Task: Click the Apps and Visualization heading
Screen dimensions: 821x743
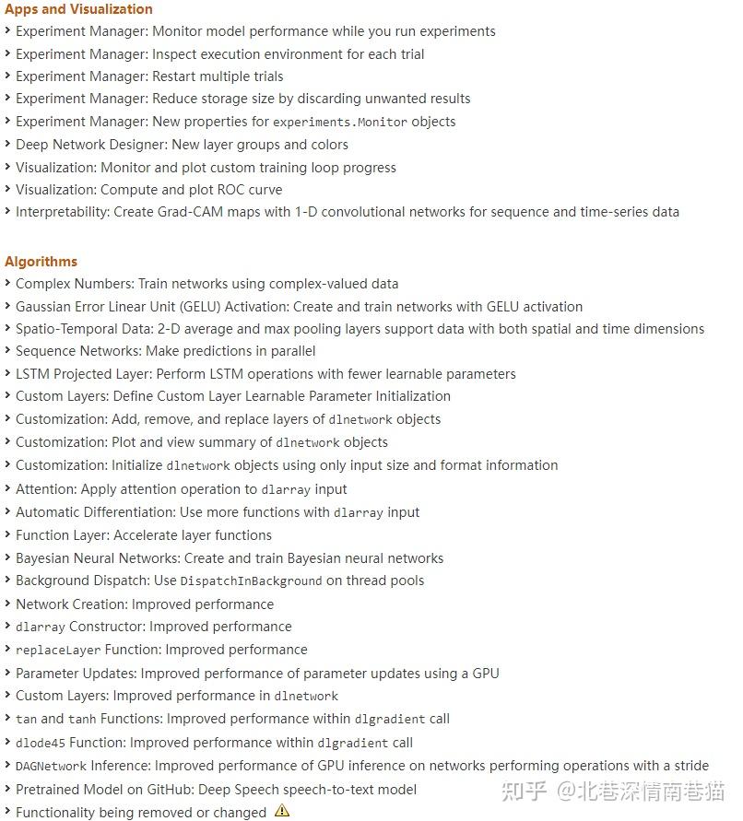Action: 78,9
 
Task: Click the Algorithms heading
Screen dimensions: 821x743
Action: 41,262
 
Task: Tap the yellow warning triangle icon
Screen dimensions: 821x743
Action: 282,812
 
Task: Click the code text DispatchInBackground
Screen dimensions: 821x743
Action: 251,581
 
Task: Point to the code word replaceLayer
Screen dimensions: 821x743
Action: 58,651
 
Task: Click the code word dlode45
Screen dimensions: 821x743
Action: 41,743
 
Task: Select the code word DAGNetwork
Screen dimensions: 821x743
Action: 51,767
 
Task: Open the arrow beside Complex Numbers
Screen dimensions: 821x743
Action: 8,284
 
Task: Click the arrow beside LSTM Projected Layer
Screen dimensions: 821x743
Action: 8,374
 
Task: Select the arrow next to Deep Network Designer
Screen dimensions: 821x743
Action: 8,145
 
